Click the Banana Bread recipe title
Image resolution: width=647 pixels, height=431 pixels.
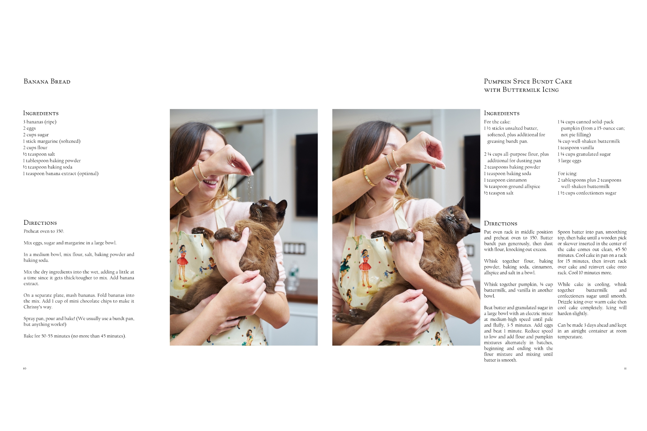click(x=47, y=81)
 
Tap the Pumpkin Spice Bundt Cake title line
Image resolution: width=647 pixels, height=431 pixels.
click(x=528, y=81)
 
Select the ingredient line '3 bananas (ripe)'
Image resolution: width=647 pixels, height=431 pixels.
click(x=40, y=122)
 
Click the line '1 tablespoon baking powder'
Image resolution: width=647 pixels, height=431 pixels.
click(x=52, y=161)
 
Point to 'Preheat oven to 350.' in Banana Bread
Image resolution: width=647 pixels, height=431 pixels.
click(x=44, y=231)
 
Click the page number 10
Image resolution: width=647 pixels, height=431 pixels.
click(x=25, y=369)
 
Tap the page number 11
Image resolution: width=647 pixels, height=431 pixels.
click(x=625, y=369)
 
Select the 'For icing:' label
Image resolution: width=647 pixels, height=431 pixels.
click(x=567, y=174)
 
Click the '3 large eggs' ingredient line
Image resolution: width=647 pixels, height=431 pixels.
click(x=569, y=161)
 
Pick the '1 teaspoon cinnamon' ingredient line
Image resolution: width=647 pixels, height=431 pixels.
click(x=505, y=180)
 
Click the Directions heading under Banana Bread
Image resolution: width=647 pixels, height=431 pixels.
click(x=40, y=223)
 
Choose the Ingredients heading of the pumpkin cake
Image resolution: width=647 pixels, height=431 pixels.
click(x=502, y=113)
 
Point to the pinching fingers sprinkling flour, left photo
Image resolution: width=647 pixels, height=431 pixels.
click(x=247, y=171)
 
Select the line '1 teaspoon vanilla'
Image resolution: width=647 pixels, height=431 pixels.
click(x=576, y=148)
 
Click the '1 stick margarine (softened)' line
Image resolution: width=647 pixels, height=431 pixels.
click(x=52, y=141)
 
